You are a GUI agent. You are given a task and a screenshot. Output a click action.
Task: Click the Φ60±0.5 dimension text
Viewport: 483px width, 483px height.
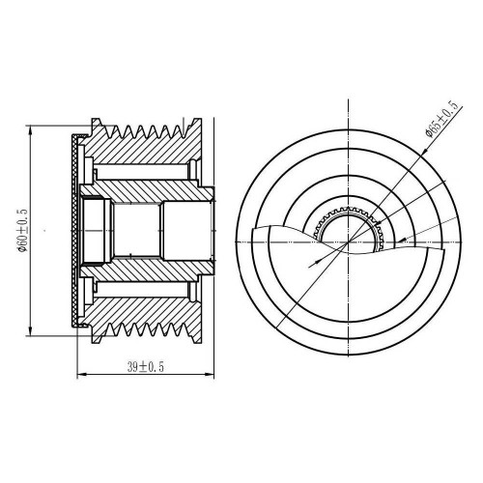23,231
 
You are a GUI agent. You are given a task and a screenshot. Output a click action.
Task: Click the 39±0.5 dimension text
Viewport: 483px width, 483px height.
146,367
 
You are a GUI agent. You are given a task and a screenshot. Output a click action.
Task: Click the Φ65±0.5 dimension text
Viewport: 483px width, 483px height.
441,119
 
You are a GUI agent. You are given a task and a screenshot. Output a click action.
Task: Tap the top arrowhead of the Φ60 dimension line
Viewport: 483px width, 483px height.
31,129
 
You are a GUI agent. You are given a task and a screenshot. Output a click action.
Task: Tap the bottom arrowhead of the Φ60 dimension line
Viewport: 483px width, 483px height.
31,331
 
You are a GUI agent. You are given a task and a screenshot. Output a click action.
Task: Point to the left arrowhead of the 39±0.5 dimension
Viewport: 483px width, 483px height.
81,375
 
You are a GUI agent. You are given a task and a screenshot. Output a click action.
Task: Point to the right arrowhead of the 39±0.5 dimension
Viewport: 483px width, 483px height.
210,375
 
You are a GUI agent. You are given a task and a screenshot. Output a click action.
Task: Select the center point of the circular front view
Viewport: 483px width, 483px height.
349,241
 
